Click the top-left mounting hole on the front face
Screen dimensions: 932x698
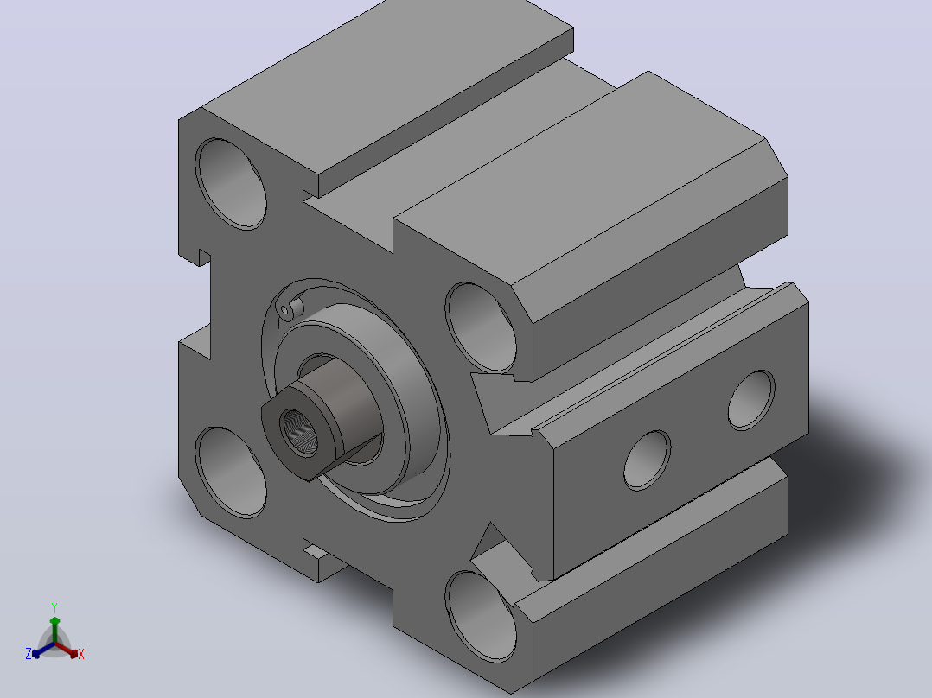[x=231, y=183]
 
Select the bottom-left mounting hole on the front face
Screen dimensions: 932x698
[x=231, y=473]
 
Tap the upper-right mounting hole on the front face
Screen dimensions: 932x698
[x=481, y=328]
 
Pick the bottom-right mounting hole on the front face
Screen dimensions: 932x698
[x=481, y=617]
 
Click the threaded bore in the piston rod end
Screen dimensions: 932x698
[x=299, y=432]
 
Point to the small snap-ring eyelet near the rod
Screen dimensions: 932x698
[x=286, y=310]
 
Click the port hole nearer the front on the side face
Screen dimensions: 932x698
[x=648, y=460]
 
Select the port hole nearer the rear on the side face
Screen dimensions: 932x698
[x=751, y=400]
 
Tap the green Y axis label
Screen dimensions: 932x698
[x=54, y=608]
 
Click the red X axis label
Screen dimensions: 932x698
[x=81, y=654]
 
